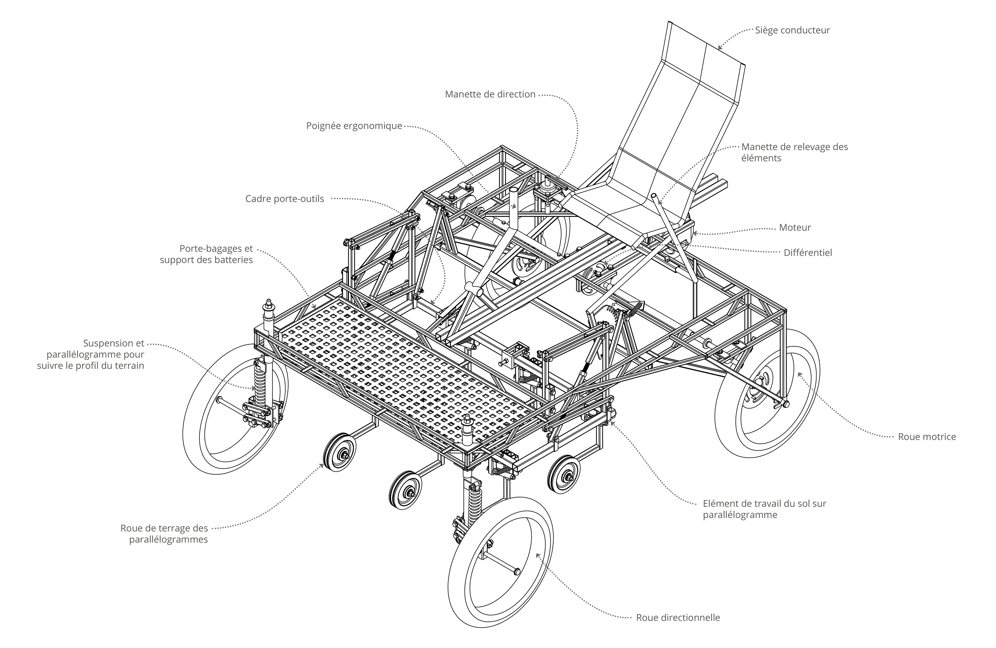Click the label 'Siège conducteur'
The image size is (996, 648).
(x=792, y=30)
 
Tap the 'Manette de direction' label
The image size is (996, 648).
(x=490, y=94)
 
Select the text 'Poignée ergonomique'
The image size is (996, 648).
(x=354, y=126)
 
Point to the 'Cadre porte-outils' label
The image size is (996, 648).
(x=285, y=199)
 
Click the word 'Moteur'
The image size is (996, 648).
(x=795, y=227)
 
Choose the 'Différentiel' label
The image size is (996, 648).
(x=808, y=253)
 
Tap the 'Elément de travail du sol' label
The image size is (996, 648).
(x=764, y=509)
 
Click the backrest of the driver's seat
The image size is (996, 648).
(x=686, y=105)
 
